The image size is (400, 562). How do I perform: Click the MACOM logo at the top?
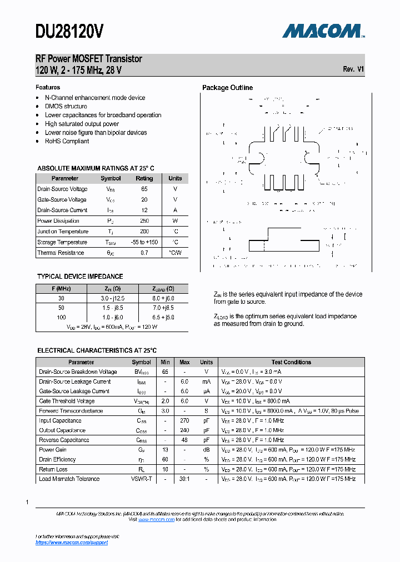(323, 31)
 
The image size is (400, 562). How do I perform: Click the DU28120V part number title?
(69, 32)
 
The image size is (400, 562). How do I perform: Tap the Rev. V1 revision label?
(353, 69)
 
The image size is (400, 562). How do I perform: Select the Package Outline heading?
(227, 88)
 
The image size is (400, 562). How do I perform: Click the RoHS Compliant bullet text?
(67, 141)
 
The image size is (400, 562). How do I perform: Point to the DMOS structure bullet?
(66, 106)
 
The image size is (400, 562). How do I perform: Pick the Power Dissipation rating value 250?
(144, 221)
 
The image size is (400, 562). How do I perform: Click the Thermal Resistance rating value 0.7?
(144, 253)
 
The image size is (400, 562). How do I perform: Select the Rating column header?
(144, 178)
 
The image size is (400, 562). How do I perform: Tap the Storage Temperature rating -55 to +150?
(144, 242)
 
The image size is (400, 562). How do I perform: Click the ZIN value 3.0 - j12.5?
(113, 298)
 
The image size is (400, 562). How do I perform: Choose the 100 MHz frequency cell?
(61, 317)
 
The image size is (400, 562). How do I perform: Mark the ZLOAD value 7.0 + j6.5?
(163, 308)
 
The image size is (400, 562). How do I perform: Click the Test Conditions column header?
(291, 362)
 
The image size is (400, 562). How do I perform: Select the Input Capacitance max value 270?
(184, 420)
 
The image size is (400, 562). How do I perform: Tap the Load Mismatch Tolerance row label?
(69, 479)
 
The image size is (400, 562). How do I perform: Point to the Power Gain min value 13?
(165, 450)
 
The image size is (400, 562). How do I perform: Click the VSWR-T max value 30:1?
(184, 479)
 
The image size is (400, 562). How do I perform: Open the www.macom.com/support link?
(72, 542)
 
